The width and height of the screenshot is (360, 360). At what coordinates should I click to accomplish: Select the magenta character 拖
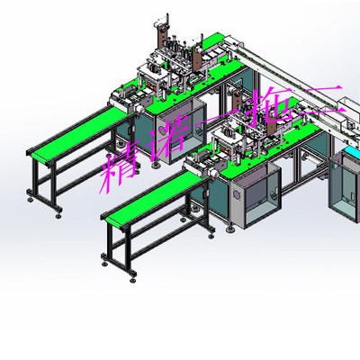270,105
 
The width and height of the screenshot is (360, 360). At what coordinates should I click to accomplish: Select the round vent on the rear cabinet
162,130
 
